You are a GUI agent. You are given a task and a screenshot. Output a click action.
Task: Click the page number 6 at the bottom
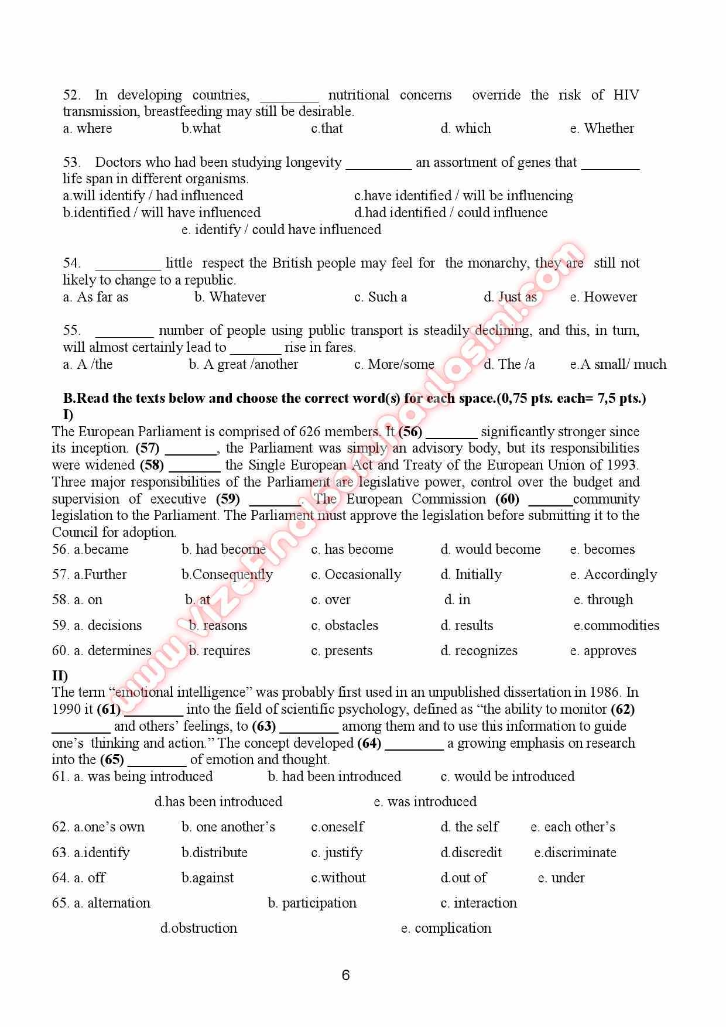[x=345, y=975]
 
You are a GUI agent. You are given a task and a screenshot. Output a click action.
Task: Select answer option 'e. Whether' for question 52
[x=602, y=128]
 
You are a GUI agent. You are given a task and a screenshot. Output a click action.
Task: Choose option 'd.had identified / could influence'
[x=451, y=213]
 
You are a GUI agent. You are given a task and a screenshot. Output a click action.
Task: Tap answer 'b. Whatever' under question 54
[x=230, y=297]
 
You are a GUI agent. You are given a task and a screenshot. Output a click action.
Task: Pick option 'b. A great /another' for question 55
[x=244, y=364]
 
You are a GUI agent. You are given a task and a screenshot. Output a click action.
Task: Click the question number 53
[x=71, y=162]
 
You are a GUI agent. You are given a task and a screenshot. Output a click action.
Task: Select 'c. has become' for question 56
[x=352, y=549]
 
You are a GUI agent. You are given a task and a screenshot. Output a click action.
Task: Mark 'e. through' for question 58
[x=603, y=600]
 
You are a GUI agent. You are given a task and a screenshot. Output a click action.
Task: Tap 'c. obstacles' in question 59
[x=344, y=625]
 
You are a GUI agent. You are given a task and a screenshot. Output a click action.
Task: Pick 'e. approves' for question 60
[x=602, y=651]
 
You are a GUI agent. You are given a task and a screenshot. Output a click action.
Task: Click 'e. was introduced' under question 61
[x=425, y=802]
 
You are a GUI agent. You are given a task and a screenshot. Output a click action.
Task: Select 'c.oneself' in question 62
[x=337, y=827]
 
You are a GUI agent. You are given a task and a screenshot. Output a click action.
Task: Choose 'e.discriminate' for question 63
[x=575, y=853]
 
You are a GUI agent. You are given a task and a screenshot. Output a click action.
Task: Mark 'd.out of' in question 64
[x=463, y=878]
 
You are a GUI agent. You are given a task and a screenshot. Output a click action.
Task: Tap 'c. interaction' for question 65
[x=478, y=903]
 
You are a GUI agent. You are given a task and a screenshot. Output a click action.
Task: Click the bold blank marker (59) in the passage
[x=228, y=499]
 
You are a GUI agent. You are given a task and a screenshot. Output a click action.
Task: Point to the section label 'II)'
[x=60, y=676]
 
